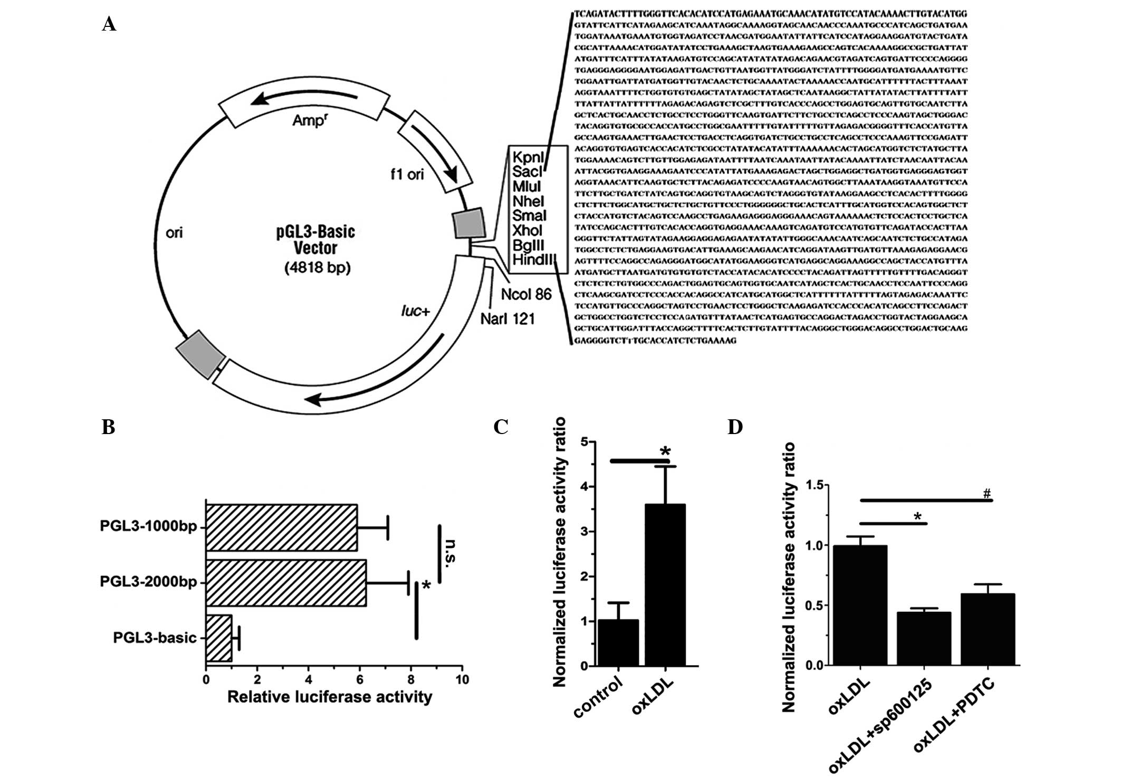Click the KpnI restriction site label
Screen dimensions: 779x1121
click(528, 157)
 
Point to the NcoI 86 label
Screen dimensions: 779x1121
click(526, 294)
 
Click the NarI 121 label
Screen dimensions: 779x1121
click(507, 319)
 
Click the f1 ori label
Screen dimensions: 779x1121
click(407, 174)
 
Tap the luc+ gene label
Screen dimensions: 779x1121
click(416, 312)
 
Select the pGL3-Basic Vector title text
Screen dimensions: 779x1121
click(315, 239)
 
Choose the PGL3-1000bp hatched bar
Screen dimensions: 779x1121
click(282, 527)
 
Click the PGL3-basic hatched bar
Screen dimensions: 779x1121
click(219, 638)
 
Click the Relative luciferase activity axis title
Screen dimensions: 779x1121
click(330, 697)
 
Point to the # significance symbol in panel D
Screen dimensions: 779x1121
click(986, 494)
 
